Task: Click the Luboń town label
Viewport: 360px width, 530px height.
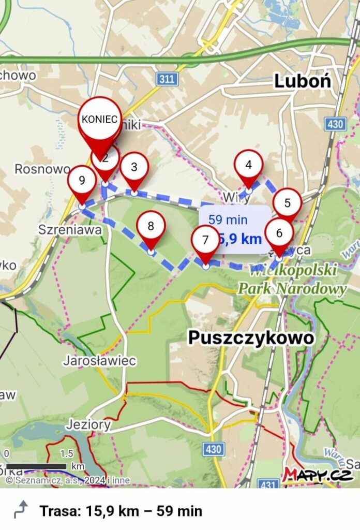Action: [303, 81]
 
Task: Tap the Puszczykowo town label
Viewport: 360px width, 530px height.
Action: [251, 337]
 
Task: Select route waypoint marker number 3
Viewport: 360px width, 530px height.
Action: [134, 168]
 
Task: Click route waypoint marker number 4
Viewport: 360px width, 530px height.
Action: [249, 165]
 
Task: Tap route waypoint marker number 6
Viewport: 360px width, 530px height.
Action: [279, 233]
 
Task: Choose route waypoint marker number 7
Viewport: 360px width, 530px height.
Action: [205, 241]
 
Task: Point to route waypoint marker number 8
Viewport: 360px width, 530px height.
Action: [151, 226]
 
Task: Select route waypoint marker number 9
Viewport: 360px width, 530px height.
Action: [82, 181]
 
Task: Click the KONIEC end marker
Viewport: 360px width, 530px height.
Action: [100, 119]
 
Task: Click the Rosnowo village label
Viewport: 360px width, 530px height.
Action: [42, 169]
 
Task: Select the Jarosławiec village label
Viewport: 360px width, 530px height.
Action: [99, 360]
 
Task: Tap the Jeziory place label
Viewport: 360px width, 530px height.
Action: [88, 425]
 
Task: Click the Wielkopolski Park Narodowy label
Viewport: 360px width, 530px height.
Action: [292, 280]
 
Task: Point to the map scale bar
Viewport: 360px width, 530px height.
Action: [36, 466]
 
